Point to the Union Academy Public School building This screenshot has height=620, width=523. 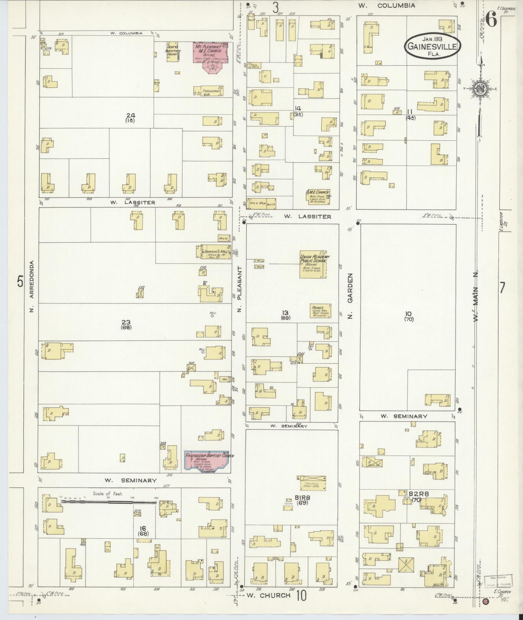pos(313,264)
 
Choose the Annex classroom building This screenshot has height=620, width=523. pos(320,310)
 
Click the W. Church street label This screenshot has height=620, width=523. pos(268,595)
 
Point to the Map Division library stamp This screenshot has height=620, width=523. pos(498,580)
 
